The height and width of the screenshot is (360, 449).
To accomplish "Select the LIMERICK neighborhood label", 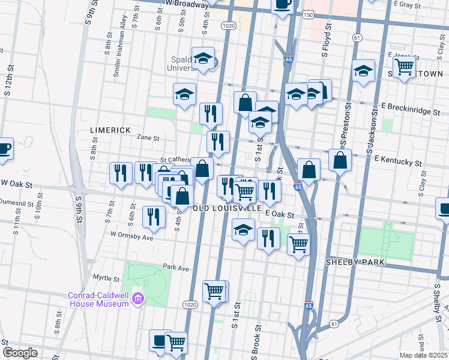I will (110, 130).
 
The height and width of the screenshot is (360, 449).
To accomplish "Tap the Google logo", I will (20, 352).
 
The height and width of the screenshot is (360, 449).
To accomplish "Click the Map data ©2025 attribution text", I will (423, 355).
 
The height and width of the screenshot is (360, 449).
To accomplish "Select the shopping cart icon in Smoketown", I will (405, 67).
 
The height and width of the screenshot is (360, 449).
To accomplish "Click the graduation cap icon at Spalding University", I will (203, 58).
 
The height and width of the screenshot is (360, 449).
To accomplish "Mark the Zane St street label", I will (147, 137).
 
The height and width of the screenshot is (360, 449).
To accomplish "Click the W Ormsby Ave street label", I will (131, 237).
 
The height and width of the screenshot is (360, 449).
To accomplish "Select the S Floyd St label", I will (327, 40).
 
